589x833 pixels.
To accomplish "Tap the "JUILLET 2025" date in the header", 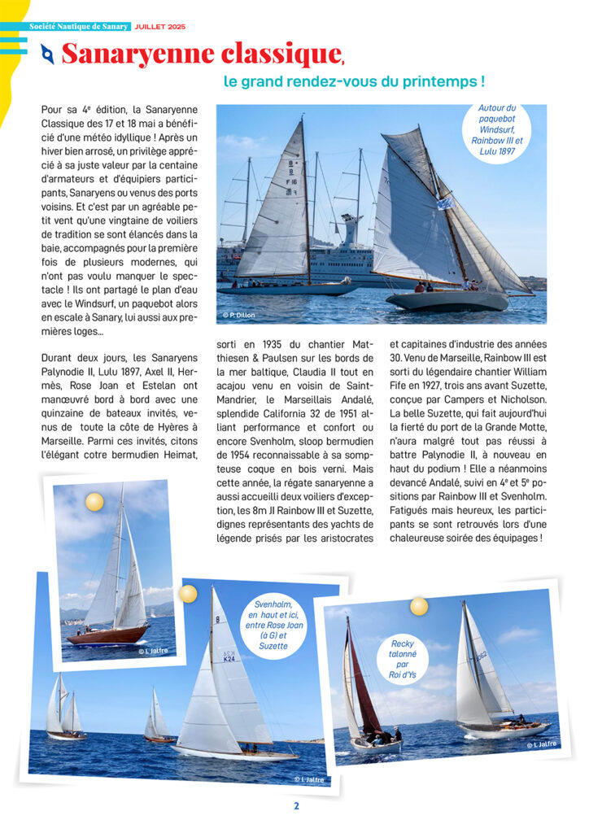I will point(160,27).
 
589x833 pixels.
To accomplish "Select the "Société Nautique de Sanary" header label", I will point(79,27).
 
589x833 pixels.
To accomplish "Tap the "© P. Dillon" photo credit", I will point(239,314).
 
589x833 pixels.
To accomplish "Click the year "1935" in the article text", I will point(273,344).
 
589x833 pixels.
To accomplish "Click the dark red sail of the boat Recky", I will point(363,687).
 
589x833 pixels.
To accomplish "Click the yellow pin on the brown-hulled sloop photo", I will point(95,502).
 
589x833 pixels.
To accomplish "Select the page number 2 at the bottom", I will point(296,806).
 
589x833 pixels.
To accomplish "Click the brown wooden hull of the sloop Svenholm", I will point(106,635).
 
